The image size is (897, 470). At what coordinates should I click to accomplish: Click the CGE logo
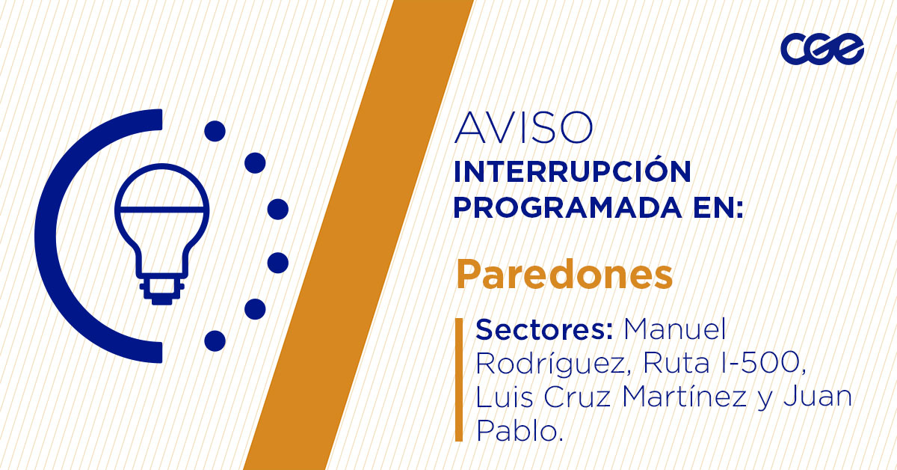pyautogui.click(x=822, y=50)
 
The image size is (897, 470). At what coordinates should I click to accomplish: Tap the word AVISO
pyautogui.click(x=523, y=128)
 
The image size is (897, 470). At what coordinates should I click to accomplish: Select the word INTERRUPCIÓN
pyautogui.click(x=572, y=173)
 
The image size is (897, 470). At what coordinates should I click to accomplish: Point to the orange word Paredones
pyautogui.click(x=564, y=275)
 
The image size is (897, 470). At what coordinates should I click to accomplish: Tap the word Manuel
pyautogui.click(x=675, y=329)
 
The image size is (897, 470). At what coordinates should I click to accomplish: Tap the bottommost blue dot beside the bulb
pyautogui.click(x=215, y=341)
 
